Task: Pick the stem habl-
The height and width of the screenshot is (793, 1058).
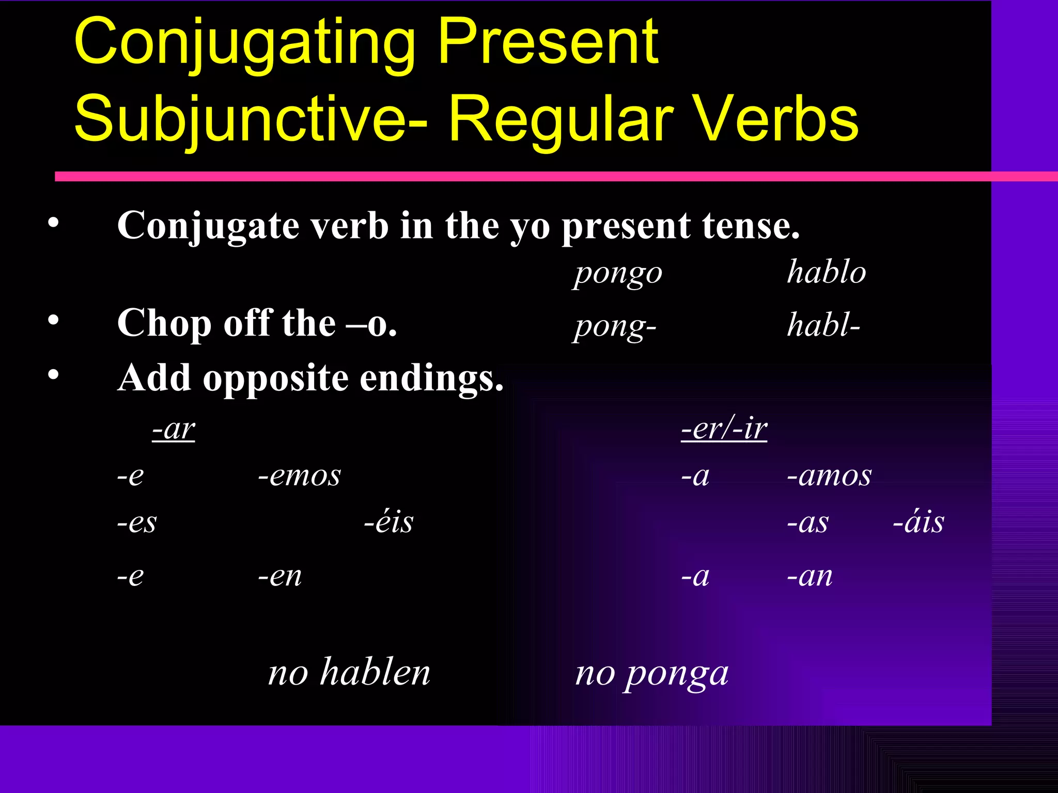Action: point(823,325)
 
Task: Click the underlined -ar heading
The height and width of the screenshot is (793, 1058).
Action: point(174,429)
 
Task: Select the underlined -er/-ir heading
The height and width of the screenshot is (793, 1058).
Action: point(724,429)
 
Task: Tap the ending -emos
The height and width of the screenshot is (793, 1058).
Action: point(300,475)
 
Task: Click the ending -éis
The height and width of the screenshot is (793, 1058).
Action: point(388,522)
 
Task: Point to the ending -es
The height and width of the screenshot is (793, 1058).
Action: point(136,523)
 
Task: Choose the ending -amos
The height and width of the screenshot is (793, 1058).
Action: point(829,475)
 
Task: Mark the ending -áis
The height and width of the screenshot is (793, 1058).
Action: point(919,522)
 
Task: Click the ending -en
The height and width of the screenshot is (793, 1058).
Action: point(280,576)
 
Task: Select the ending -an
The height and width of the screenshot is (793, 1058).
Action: point(810,576)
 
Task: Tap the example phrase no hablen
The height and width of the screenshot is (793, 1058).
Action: point(349,672)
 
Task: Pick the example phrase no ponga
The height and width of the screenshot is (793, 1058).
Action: point(652,674)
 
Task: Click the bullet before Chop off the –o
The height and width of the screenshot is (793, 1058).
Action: point(53,321)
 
